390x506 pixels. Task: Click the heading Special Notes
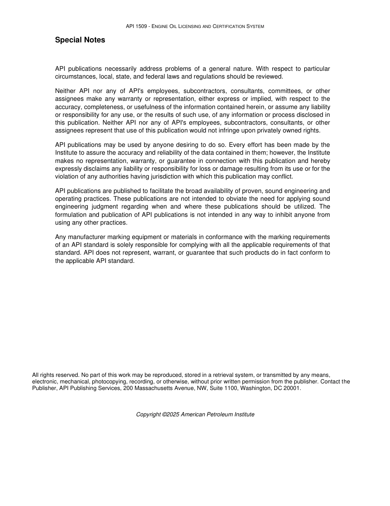(x=80, y=40)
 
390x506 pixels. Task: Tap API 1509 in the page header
(x=136, y=26)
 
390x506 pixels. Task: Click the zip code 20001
(x=292, y=388)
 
